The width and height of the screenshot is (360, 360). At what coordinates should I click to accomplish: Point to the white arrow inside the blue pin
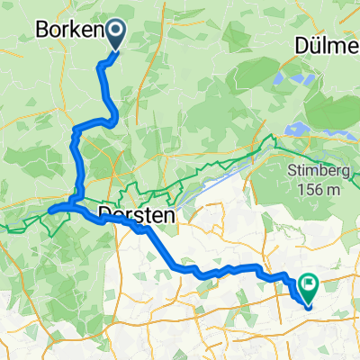tap(118, 32)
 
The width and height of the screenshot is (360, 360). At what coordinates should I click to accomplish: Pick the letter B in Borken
tap(41, 30)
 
